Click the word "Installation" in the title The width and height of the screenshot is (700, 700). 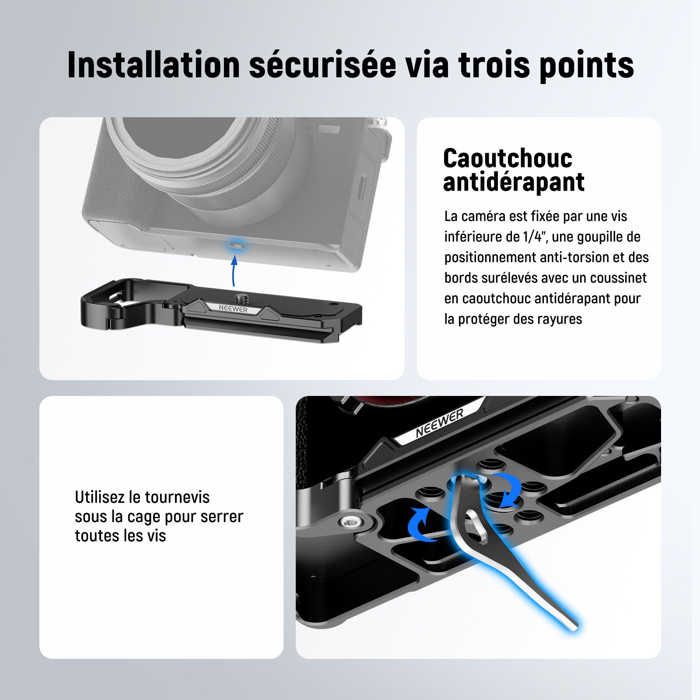(154, 65)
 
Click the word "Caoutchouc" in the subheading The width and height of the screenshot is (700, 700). (507, 158)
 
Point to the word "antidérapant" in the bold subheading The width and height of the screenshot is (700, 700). (514, 182)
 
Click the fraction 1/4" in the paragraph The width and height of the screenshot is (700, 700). (535, 237)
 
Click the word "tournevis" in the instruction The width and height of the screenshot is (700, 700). (177, 497)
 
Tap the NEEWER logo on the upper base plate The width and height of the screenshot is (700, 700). (233, 309)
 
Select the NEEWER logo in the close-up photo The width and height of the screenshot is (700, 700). (440, 423)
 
